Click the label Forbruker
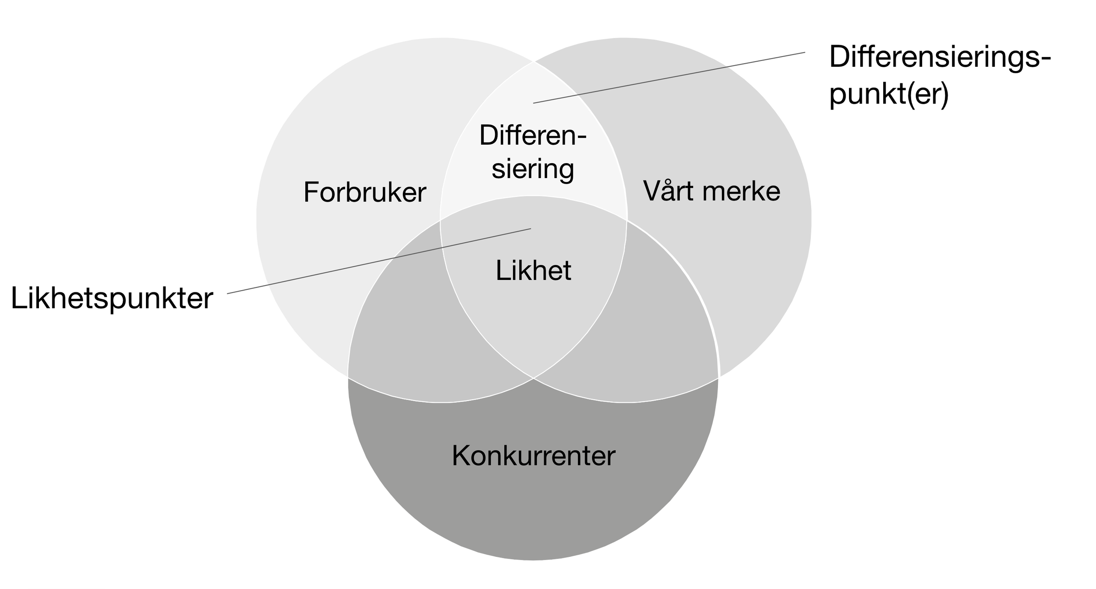click(365, 192)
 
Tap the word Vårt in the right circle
click(669, 190)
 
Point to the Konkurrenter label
click(533, 455)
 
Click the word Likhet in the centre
click(533, 271)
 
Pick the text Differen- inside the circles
click(533, 135)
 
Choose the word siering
click(533, 169)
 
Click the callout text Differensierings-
click(940, 57)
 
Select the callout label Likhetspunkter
click(112, 298)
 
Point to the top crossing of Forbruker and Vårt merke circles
click(534, 62)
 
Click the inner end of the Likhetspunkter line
click(530, 229)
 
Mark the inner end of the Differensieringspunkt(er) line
click(534, 103)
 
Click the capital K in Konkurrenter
click(461, 455)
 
